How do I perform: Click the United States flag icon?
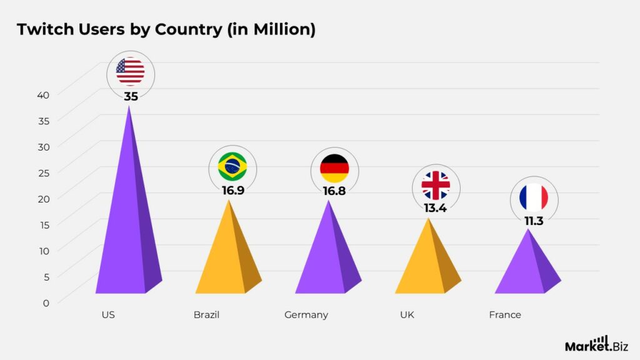(x=130, y=72)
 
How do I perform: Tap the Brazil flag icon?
(x=232, y=166)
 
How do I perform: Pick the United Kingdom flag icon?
(x=436, y=185)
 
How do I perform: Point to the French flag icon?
(x=534, y=198)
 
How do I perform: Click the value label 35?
(x=130, y=96)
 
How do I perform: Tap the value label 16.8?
(x=334, y=190)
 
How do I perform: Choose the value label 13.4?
(x=435, y=207)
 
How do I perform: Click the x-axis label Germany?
(x=306, y=315)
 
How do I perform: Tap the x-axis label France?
(x=505, y=315)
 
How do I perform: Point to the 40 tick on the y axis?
(x=42, y=94)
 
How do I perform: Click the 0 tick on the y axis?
(x=45, y=302)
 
